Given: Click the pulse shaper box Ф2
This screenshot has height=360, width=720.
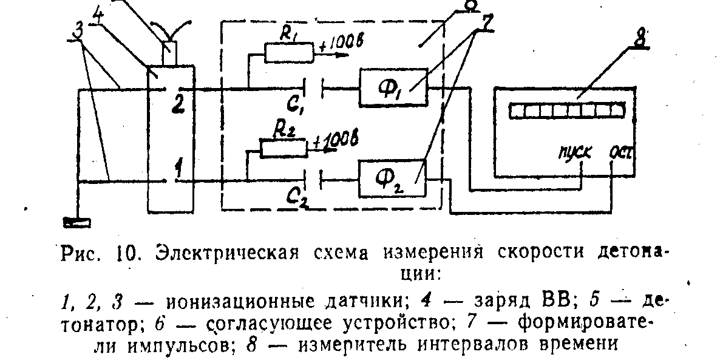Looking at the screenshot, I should click(x=392, y=180).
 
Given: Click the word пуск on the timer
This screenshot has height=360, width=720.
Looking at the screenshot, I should click(x=573, y=151).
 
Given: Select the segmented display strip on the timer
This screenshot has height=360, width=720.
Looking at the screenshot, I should click(x=566, y=111).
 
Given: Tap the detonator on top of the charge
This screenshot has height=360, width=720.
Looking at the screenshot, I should click(x=170, y=52).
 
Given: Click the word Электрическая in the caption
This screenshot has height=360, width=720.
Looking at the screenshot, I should click(x=206, y=251).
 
